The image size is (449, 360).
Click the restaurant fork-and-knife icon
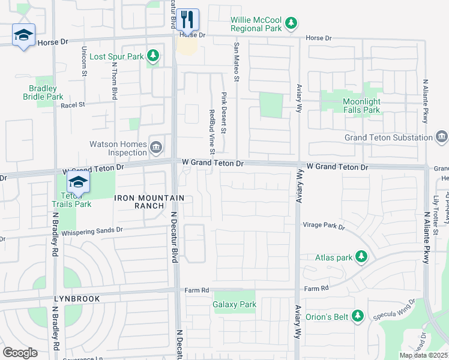click(187, 20)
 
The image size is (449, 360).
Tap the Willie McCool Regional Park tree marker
click(291, 23)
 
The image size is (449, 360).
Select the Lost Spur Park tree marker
click(153, 56)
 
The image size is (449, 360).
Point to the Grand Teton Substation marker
click(441, 137)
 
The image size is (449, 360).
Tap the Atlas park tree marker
click(361, 257)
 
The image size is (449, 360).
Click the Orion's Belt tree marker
click(358, 315)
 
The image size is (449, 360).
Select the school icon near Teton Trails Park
click(77, 182)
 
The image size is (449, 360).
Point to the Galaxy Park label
click(235, 304)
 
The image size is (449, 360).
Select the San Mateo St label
click(237, 62)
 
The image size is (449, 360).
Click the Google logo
click(20, 353)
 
